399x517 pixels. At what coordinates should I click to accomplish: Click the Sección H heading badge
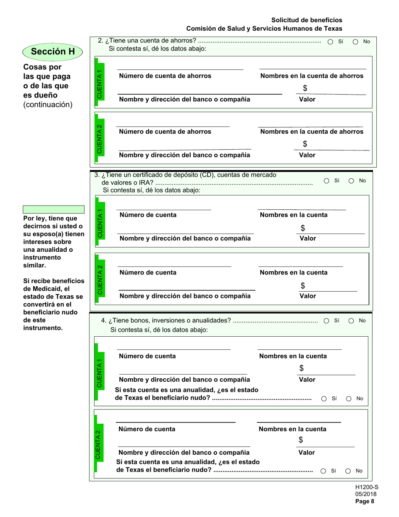(52, 52)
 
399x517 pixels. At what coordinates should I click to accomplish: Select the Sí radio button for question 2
(331, 42)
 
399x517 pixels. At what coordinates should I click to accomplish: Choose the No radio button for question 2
(355, 42)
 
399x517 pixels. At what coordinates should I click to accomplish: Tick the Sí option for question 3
(327, 181)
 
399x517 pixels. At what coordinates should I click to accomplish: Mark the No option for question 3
(352, 181)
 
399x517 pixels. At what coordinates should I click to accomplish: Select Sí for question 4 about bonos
(326, 321)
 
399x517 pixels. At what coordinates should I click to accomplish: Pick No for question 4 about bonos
(352, 321)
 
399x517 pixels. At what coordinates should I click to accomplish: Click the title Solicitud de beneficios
(307, 20)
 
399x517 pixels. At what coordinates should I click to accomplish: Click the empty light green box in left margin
(53, 209)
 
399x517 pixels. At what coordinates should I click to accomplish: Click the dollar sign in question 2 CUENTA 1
(305, 88)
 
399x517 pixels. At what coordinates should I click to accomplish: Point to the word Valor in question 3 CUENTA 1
(307, 238)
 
